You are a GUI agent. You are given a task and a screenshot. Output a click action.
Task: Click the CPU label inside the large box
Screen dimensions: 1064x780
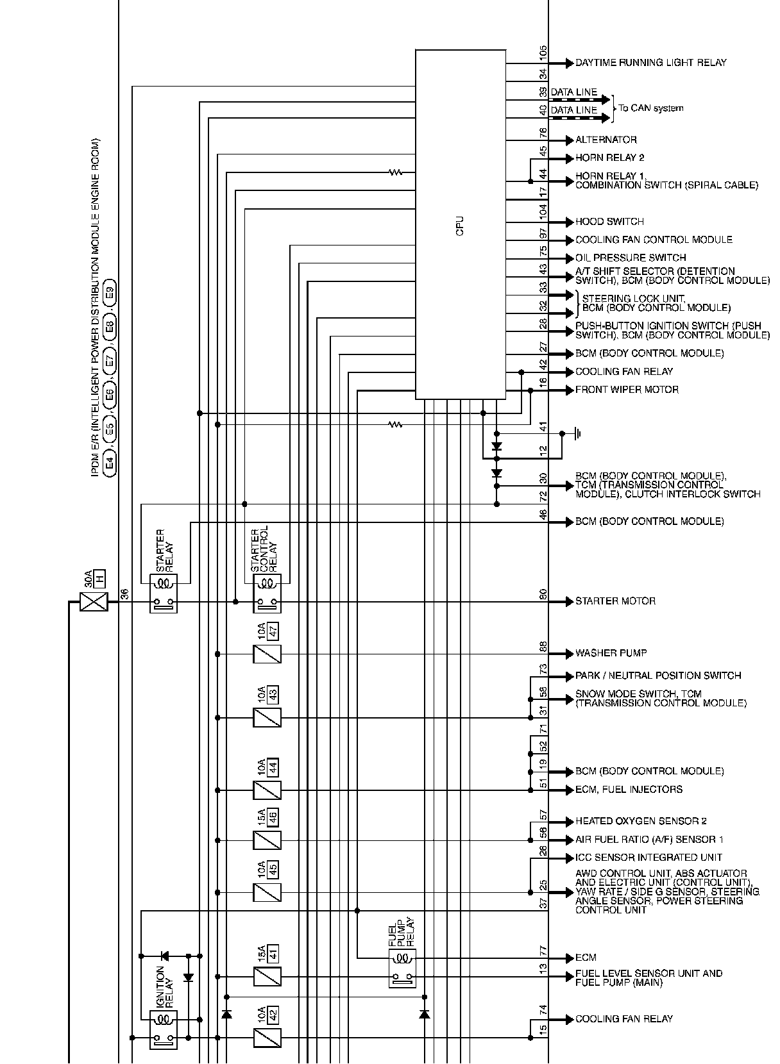coord(460,226)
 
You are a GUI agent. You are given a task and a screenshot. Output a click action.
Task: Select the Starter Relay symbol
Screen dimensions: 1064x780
coord(164,594)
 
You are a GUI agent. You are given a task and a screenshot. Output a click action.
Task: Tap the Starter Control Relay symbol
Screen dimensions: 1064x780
coord(267,594)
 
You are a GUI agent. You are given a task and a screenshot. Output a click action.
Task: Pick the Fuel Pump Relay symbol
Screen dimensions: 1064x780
coord(402,968)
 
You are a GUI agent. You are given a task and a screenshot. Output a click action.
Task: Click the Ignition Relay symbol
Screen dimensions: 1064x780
coord(163,1029)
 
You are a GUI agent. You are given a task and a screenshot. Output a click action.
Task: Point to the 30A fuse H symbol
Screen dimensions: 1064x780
coord(94,602)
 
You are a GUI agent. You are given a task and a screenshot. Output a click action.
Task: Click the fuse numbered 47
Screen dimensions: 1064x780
coord(267,654)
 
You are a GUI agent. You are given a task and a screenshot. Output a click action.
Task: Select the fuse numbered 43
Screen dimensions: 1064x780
coord(267,718)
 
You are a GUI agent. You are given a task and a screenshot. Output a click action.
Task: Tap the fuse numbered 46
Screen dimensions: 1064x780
coord(267,840)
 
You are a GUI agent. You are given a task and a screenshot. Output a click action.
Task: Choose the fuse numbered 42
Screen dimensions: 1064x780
coord(267,1037)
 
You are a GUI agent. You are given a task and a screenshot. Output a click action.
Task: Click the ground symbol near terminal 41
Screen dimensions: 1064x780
coord(577,434)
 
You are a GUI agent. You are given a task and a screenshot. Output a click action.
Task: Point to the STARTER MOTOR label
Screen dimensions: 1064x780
coord(615,601)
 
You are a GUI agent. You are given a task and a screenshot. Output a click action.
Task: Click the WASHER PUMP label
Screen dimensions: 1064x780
coord(611,653)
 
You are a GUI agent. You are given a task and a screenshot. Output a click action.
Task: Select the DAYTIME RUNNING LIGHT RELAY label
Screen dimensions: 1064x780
coord(650,63)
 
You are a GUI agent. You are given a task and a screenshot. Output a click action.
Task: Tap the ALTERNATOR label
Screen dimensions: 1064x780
coord(606,140)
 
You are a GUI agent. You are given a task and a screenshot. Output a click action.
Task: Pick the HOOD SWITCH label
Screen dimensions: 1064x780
coord(609,222)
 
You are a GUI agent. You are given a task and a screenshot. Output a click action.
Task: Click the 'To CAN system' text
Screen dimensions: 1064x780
coord(650,108)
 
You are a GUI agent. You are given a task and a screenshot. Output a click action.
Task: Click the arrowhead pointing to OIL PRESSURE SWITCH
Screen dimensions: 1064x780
coord(570,258)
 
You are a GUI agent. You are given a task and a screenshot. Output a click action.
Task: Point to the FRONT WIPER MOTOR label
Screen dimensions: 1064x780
coord(627,390)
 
